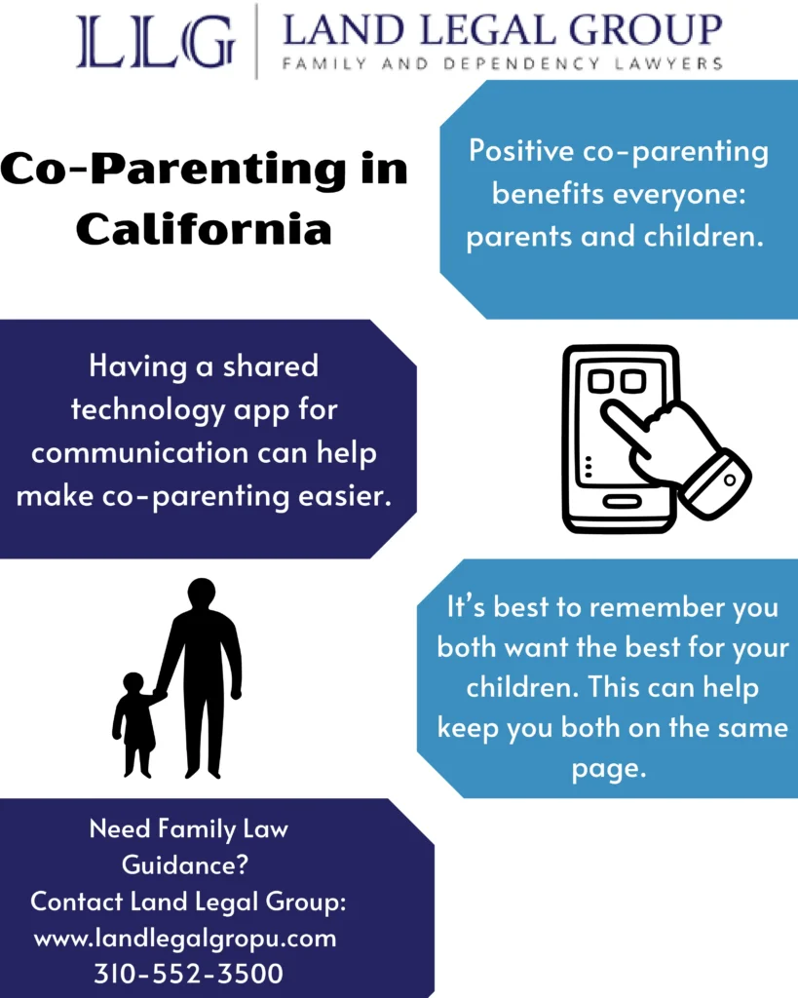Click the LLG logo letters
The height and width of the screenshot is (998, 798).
[x=156, y=41]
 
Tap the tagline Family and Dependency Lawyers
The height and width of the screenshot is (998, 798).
[x=502, y=64]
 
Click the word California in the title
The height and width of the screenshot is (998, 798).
[x=204, y=229]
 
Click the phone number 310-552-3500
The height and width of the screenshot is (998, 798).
[x=188, y=972]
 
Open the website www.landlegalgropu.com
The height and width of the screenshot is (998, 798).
[x=185, y=938]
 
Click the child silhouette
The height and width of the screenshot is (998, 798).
[x=134, y=723]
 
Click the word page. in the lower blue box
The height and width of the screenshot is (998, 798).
[x=608, y=768]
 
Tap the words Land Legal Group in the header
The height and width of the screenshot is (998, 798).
[x=502, y=31]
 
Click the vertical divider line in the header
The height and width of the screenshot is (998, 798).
[x=256, y=41]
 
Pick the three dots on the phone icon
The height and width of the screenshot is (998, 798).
[x=586, y=468]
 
